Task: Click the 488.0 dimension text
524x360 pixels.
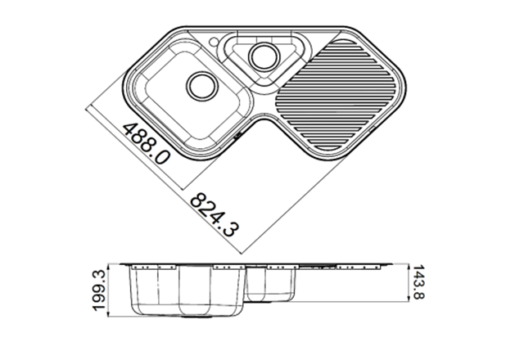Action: coord(147,144)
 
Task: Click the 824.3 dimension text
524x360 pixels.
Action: coord(215,214)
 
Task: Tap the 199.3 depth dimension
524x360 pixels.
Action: coord(99,290)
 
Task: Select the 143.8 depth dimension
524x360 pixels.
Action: coord(418,282)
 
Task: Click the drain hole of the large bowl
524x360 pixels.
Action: coord(202,86)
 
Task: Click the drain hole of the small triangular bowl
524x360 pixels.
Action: coord(264,56)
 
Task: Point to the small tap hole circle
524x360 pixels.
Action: coord(213,42)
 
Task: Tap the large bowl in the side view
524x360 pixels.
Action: coord(187,290)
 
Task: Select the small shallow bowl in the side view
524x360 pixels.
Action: coord(271,283)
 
